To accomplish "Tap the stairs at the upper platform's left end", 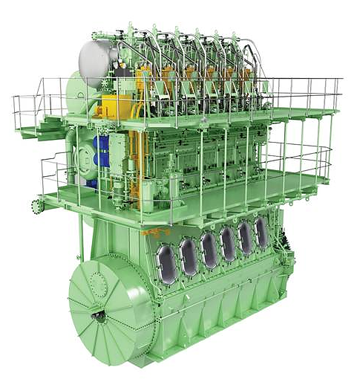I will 33,123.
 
